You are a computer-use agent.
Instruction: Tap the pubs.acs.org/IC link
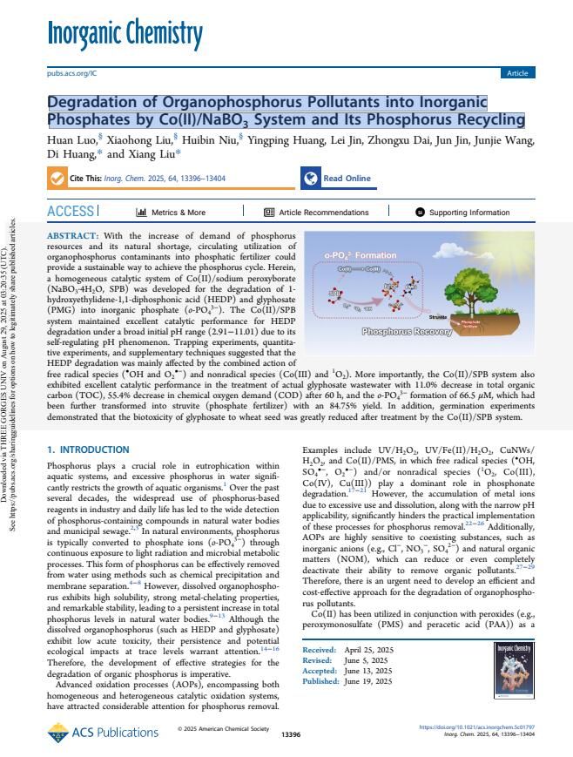coord(72,73)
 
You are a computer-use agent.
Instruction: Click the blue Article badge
coord(517,73)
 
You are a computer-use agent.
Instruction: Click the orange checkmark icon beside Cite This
coord(58,179)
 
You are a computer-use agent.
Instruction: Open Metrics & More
coord(171,212)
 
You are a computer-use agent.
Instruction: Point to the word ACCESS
coord(71,212)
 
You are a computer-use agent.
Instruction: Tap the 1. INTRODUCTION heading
coord(87,449)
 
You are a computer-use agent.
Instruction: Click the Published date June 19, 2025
coord(368,706)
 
